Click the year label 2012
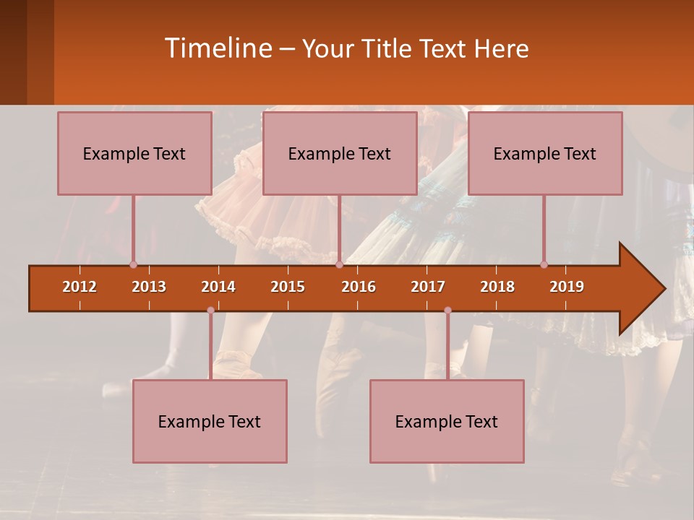tap(80, 287)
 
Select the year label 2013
tap(149, 287)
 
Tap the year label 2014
tap(218, 287)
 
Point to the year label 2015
tap(288, 287)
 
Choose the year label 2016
tap(359, 287)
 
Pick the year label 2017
tap(428, 287)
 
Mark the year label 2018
tap(497, 287)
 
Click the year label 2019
tap(567, 287)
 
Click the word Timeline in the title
tap(218, 48)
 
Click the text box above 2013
tap(134, 154)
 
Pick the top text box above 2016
tap(340, 154)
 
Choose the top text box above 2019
tap(545, 154)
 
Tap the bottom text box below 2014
tap(210, 422)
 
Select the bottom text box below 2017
tap(447, 422)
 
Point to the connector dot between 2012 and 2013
tap(133, 264)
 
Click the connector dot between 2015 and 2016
tap(339, 264)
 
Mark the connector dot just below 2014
tap(210, 311)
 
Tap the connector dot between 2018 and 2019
tap(544, 264)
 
